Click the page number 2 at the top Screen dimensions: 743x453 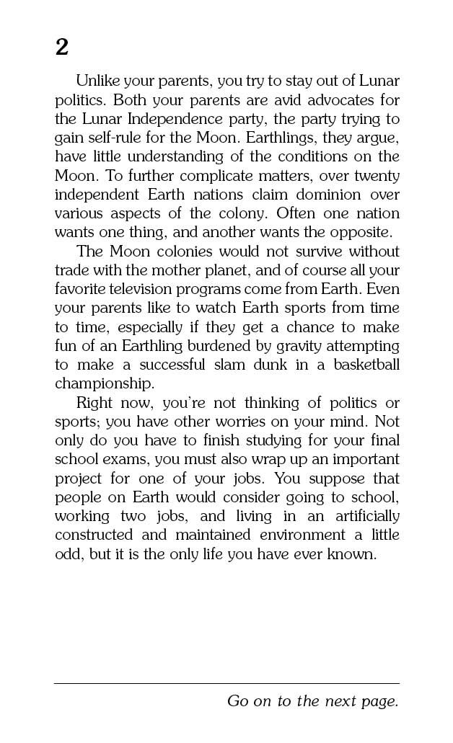tap(61, 48)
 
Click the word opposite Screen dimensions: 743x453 tap(357, 232)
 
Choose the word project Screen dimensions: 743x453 tap(78, 479)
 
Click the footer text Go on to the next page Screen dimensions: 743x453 tap(312, 701)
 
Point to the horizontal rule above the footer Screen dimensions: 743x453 tap(226, 683)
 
